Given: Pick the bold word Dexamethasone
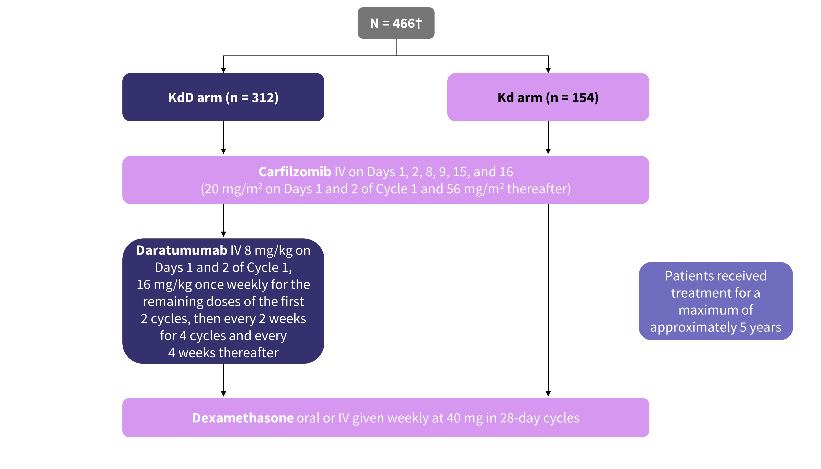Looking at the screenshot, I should point(243,418).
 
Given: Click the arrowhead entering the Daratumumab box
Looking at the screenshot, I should point(223,234).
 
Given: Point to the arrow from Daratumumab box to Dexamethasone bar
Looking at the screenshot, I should point(223,380).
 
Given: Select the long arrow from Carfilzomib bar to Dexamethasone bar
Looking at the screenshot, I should point(548,300).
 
